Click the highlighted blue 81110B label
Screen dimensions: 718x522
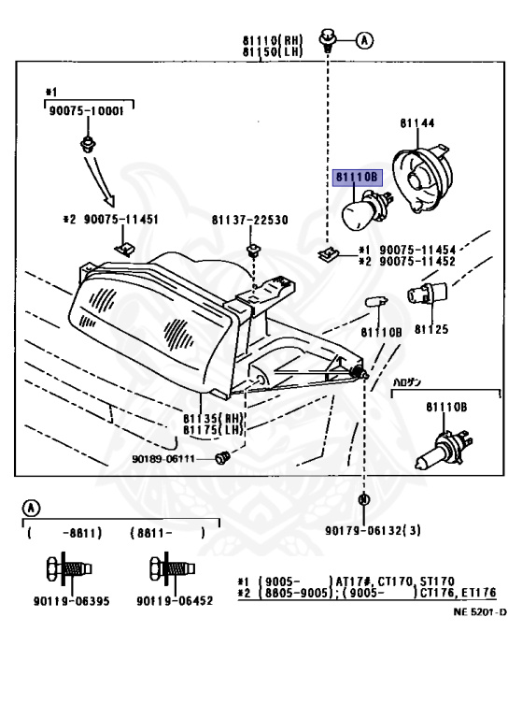click(356, 176)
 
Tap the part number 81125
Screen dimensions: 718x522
click(431, 330)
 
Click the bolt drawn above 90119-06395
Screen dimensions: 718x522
click(65, 567)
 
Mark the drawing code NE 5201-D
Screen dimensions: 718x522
click(480, 612)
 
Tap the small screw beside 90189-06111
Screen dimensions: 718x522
click(222, 457)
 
